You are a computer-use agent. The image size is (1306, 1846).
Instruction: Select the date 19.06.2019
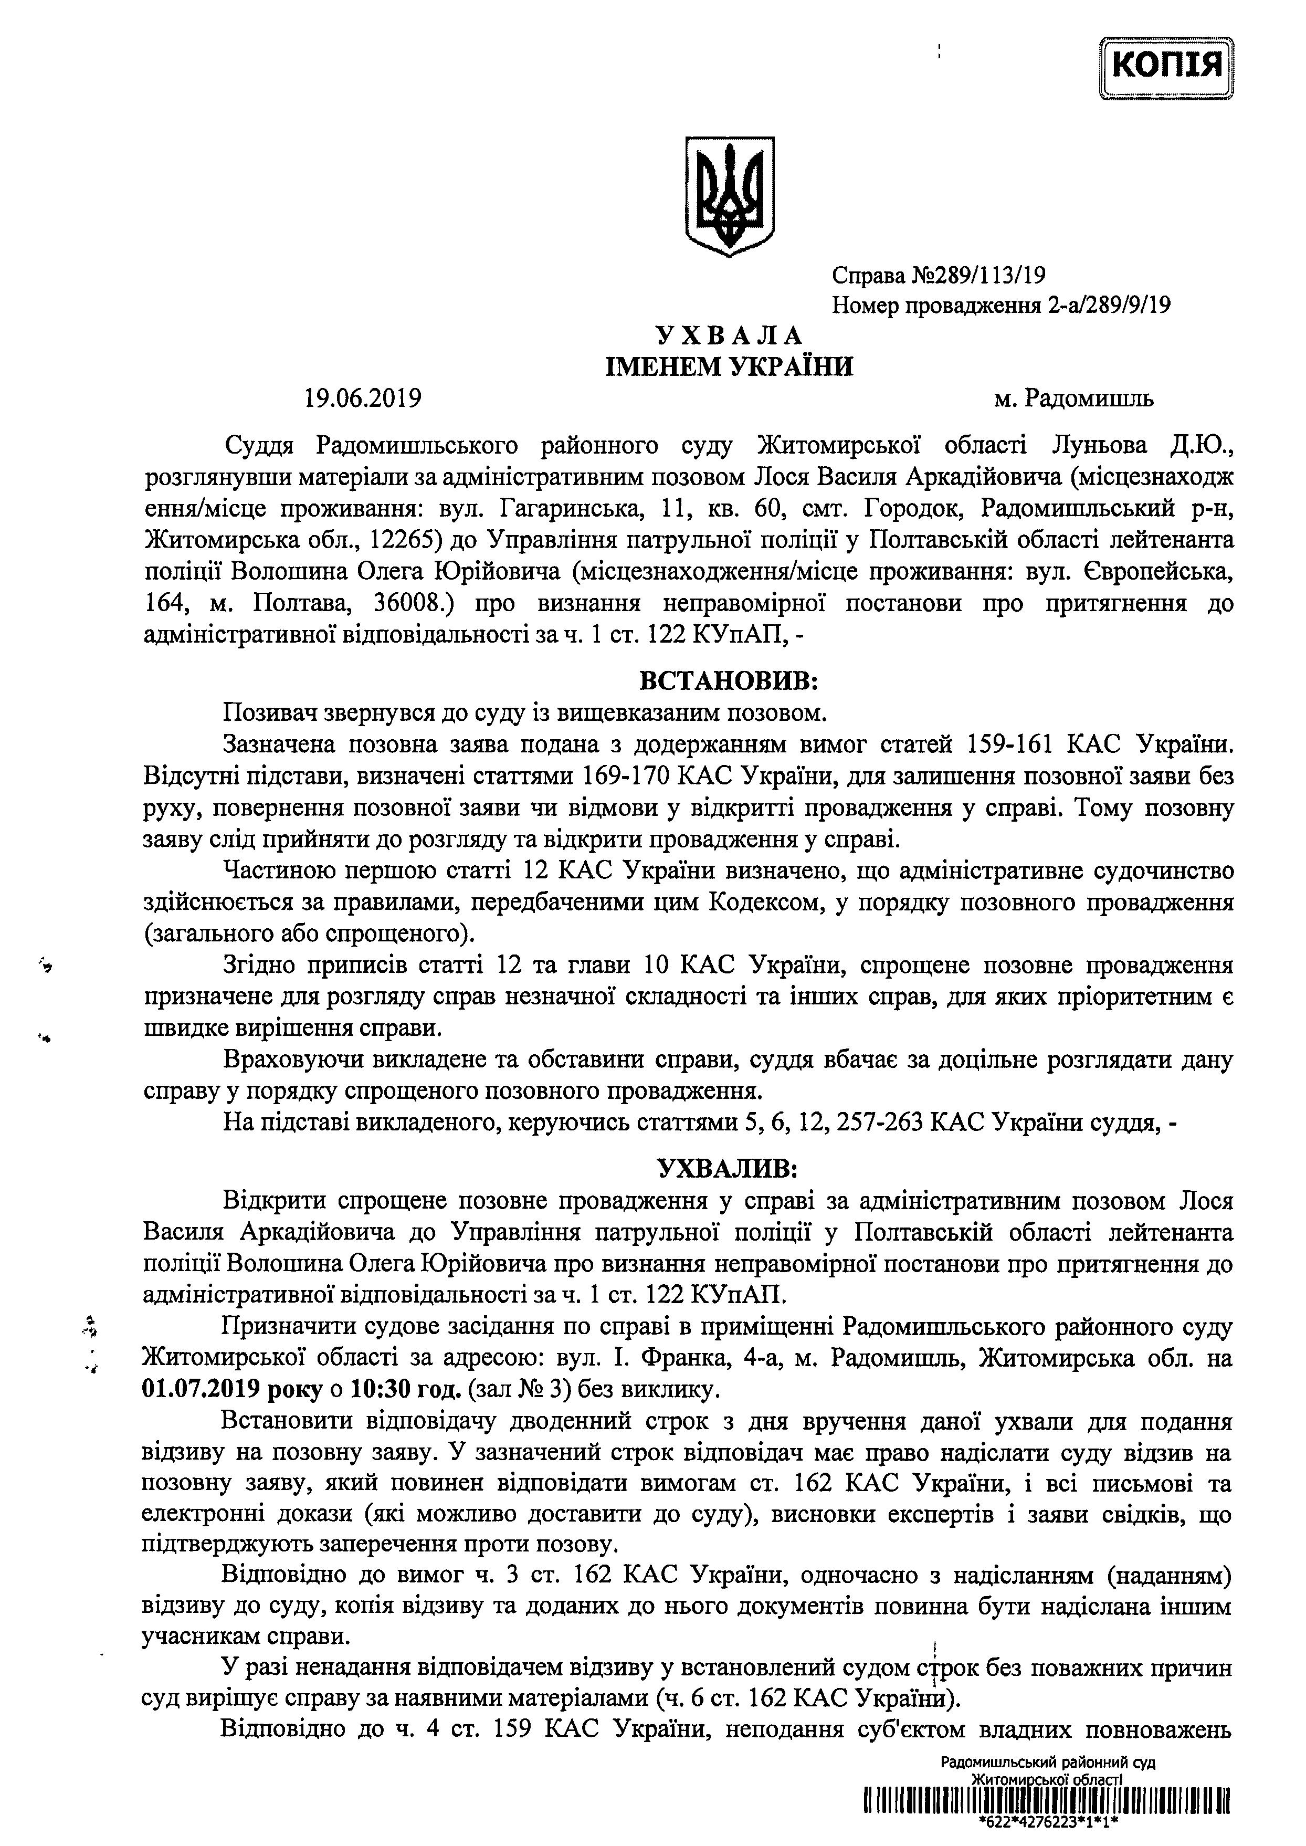point(363,398)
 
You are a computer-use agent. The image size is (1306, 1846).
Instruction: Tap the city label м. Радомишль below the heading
point(1073,398)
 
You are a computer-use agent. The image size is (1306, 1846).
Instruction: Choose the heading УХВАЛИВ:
point(729,1167)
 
